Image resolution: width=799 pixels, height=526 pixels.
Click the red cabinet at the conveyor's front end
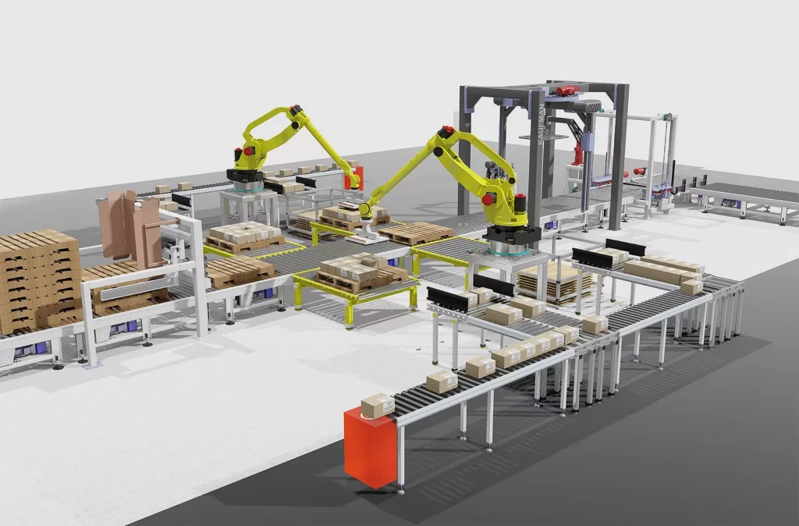click(x=370, y=447)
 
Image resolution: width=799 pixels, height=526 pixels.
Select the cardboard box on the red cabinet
click(x=378, y=405)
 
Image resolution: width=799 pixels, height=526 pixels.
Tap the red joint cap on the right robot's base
click(x=489, y=200)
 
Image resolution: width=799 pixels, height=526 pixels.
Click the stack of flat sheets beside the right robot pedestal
click(x=550, y=280)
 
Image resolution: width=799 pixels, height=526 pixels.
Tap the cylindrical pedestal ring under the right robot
click(x=511, y=249)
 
